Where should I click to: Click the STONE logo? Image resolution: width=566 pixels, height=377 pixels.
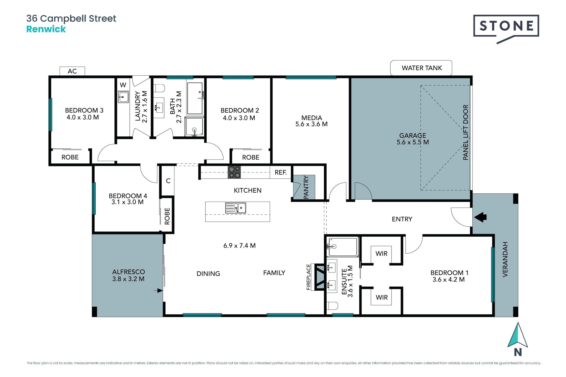click(506, 29)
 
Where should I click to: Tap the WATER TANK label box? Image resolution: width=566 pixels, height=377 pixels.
click(421, 68)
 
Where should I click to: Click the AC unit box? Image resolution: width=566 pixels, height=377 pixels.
click(72, 71)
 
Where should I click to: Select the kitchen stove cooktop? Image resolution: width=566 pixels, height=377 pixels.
click(234, 172)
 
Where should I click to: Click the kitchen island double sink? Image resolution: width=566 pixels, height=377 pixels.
click(236, 208)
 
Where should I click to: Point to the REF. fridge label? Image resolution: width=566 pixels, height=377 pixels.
click(281, 172)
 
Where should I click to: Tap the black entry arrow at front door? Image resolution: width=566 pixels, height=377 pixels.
click(480, 217)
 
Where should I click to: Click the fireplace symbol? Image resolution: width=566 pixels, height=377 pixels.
click(320, 277)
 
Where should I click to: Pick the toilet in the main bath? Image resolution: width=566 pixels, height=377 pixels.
click(159, 88)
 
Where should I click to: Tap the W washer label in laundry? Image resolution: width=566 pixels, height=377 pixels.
click(123, 85)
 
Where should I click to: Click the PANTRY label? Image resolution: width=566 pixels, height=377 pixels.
click(306, 187)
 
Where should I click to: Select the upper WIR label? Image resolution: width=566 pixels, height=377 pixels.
click(381, 254)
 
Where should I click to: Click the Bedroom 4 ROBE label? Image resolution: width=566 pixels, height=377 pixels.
click(167, 216)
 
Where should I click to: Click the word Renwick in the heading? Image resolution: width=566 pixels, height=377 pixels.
click(46, 29)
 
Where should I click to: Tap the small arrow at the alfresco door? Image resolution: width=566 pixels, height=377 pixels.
click(158, 291)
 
